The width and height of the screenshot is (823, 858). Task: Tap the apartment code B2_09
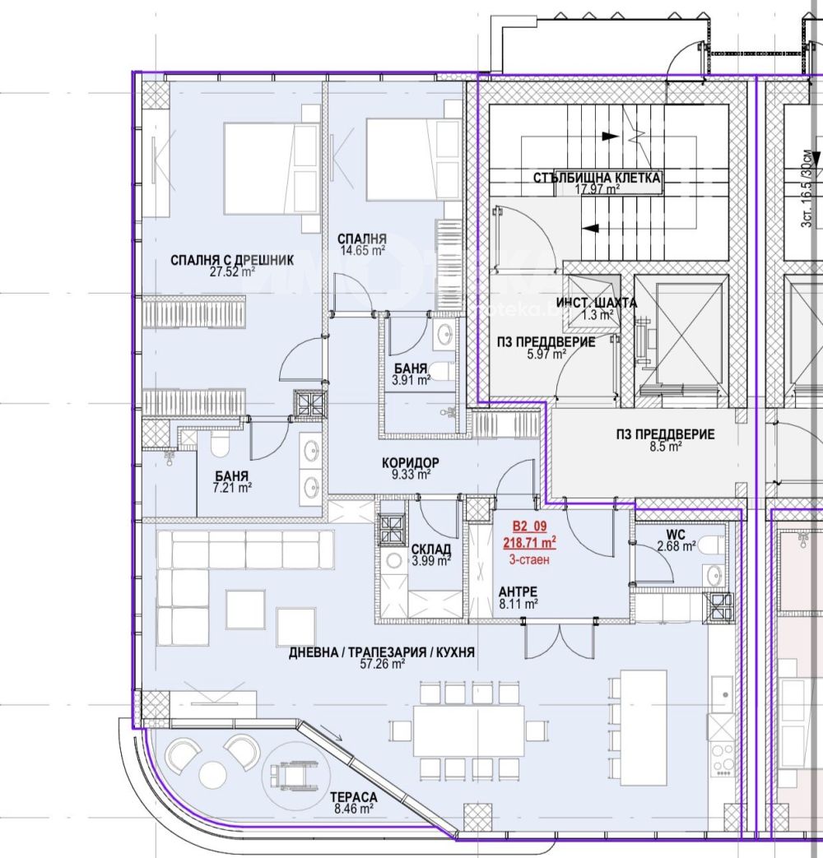[x=529, y=526]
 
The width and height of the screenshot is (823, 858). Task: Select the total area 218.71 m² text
[x=529, y=543]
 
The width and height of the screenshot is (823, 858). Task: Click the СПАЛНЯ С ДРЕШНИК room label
[x=232, y=260]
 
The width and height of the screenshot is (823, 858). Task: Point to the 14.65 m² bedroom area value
[x=362, y=251]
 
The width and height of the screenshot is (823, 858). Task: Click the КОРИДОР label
[x=411, y=463]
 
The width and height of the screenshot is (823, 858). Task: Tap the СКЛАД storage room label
[x=431, y=549]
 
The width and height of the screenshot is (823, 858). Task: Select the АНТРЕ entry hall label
[x=518, y=591]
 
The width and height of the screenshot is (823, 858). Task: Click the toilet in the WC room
[x=711, y=545]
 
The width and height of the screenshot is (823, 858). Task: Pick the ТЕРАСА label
[x=354, y=797]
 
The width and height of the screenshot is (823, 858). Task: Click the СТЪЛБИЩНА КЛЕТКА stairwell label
[x=597, y=178]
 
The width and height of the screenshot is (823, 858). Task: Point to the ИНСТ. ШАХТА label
[x=597, y=303]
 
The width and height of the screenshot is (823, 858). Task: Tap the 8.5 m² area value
[x=665, y=447]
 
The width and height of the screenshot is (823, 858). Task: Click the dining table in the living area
[x=469, y=731]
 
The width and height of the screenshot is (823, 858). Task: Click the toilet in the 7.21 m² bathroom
[x=220, y=444]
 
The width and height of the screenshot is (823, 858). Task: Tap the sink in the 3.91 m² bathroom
[x=444, y=333]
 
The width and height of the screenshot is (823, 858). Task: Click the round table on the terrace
[x=212, y=772]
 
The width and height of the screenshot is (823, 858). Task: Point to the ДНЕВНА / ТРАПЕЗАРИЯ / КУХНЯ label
[x=382, y=652]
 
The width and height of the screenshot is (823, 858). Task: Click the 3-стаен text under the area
[x=529, y=559]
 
